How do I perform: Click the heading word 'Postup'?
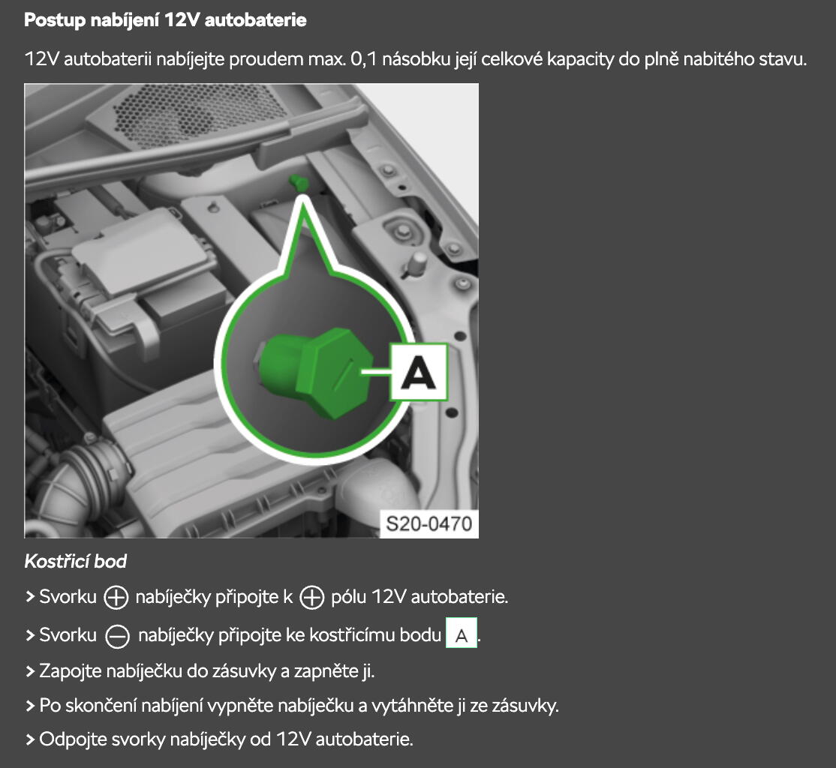tap(55, 20)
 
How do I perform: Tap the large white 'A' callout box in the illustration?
tap(419, 372)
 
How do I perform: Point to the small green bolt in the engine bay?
tap(299, 182)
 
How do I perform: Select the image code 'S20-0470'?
tap(429, 523)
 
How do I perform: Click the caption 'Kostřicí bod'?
tap(76, 561)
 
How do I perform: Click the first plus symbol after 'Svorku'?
tap(116, 597)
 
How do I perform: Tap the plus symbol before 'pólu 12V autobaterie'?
tap(312, 597)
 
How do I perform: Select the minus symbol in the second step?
tap(117, 636)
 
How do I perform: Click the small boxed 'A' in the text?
tap(462, 634)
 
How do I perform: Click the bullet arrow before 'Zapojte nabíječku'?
tap(30, 671)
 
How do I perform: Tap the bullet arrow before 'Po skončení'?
tap(30, 706)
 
